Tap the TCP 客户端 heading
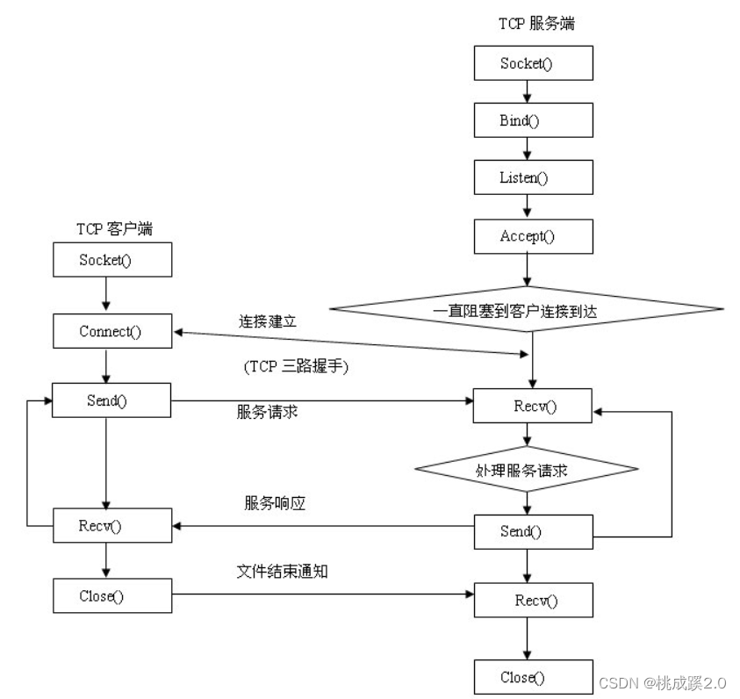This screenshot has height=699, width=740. pos(113,230)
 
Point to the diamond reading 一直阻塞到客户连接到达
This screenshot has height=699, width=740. pos(527,309)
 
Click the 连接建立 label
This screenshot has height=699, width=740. pos(267,321)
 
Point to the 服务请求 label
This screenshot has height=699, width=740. pos(267,411)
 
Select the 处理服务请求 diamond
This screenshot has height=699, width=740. pos(527,470)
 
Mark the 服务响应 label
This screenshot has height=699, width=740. pos(275,504)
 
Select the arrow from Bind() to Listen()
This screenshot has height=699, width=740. pos(528,148)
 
